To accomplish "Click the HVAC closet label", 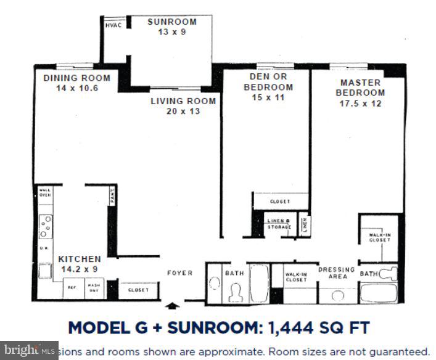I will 112,26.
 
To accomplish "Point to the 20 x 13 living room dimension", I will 183,112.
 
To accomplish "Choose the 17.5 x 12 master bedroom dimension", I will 360,104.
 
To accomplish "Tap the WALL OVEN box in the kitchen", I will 45,192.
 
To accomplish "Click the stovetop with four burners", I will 46,226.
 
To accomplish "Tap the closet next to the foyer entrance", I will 138,289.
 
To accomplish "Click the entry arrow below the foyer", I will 173,305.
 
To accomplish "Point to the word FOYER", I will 180,273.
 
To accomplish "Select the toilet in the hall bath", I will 236,292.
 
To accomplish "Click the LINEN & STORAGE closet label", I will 279,224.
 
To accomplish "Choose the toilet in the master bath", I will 389,274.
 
